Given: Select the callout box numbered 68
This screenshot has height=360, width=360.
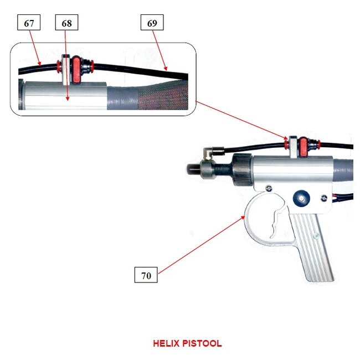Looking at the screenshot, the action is [67, 23].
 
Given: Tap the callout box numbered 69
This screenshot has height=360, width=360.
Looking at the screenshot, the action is [152, 23].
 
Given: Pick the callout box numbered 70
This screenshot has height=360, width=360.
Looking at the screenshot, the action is [146, 275].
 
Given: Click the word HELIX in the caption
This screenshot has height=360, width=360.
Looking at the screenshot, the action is [167, 343].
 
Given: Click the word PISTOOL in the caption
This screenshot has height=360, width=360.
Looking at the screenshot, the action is [202, 343].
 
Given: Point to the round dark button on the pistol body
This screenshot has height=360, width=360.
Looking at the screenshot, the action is [302, 197].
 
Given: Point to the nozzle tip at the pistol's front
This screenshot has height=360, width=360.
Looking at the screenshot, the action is [191, 167].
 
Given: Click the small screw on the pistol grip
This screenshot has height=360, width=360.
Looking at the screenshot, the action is [316, 236].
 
